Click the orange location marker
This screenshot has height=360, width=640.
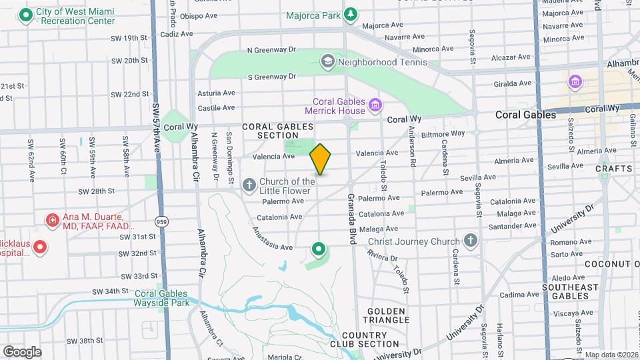point(321,159)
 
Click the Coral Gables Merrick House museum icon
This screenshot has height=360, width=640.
point(375,105)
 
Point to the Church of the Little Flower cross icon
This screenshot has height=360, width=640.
point(249,185)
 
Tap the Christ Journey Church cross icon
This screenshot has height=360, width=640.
point(471,241)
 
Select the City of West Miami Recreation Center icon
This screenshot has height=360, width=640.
point(26,15)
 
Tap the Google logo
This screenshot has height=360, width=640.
point(22,352)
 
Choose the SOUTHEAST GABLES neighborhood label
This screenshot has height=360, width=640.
point(570,291)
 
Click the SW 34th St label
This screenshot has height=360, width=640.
point(111,291)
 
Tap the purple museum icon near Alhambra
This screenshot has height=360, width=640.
point(575,82)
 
